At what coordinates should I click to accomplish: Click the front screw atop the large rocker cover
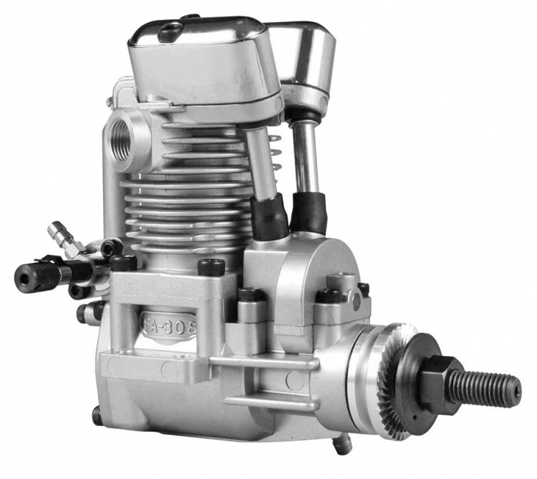click(170, 32)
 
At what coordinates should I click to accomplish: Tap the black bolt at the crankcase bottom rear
click(97, 415)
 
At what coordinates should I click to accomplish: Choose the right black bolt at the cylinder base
click(211, 267)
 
